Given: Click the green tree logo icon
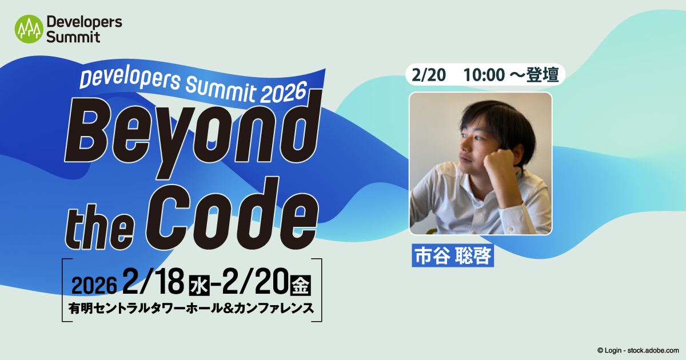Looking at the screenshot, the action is coord(29,29).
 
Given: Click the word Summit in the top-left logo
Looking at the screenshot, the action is coord(73,37).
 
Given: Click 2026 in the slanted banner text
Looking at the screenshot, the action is coord(284,93).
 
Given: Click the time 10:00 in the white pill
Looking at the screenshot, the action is coord(484,75).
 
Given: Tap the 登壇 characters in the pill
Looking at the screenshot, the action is coord(543,75).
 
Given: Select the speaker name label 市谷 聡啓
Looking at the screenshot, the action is coord(453,255).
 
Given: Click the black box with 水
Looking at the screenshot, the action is coord(199,285).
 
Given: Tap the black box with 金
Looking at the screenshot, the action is coord(301,285).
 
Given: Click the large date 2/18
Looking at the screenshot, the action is coord(153,282).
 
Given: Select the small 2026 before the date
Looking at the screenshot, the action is coord(94,286).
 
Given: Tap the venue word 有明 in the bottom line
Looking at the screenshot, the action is coord(80,308).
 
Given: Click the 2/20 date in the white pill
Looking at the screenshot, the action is coord(428,75).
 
